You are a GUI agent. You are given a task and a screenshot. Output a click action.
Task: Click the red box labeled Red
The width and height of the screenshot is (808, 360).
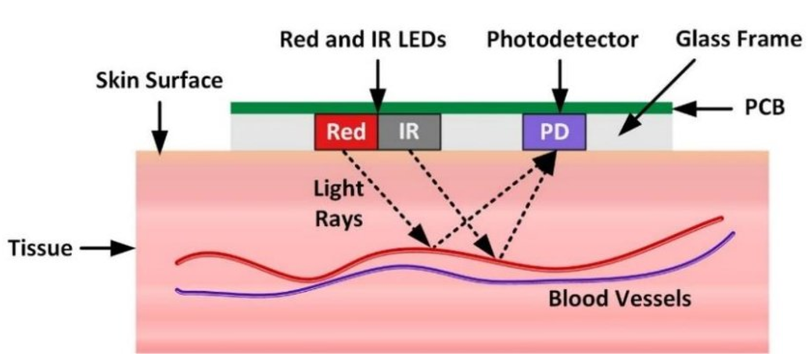[346, 131]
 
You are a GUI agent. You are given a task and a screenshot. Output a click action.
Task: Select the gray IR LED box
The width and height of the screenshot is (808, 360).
[410, 131]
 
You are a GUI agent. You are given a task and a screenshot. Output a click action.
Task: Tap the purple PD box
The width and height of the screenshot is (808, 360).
[555, 131]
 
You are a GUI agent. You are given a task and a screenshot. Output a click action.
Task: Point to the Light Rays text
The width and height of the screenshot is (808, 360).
[338, 204]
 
